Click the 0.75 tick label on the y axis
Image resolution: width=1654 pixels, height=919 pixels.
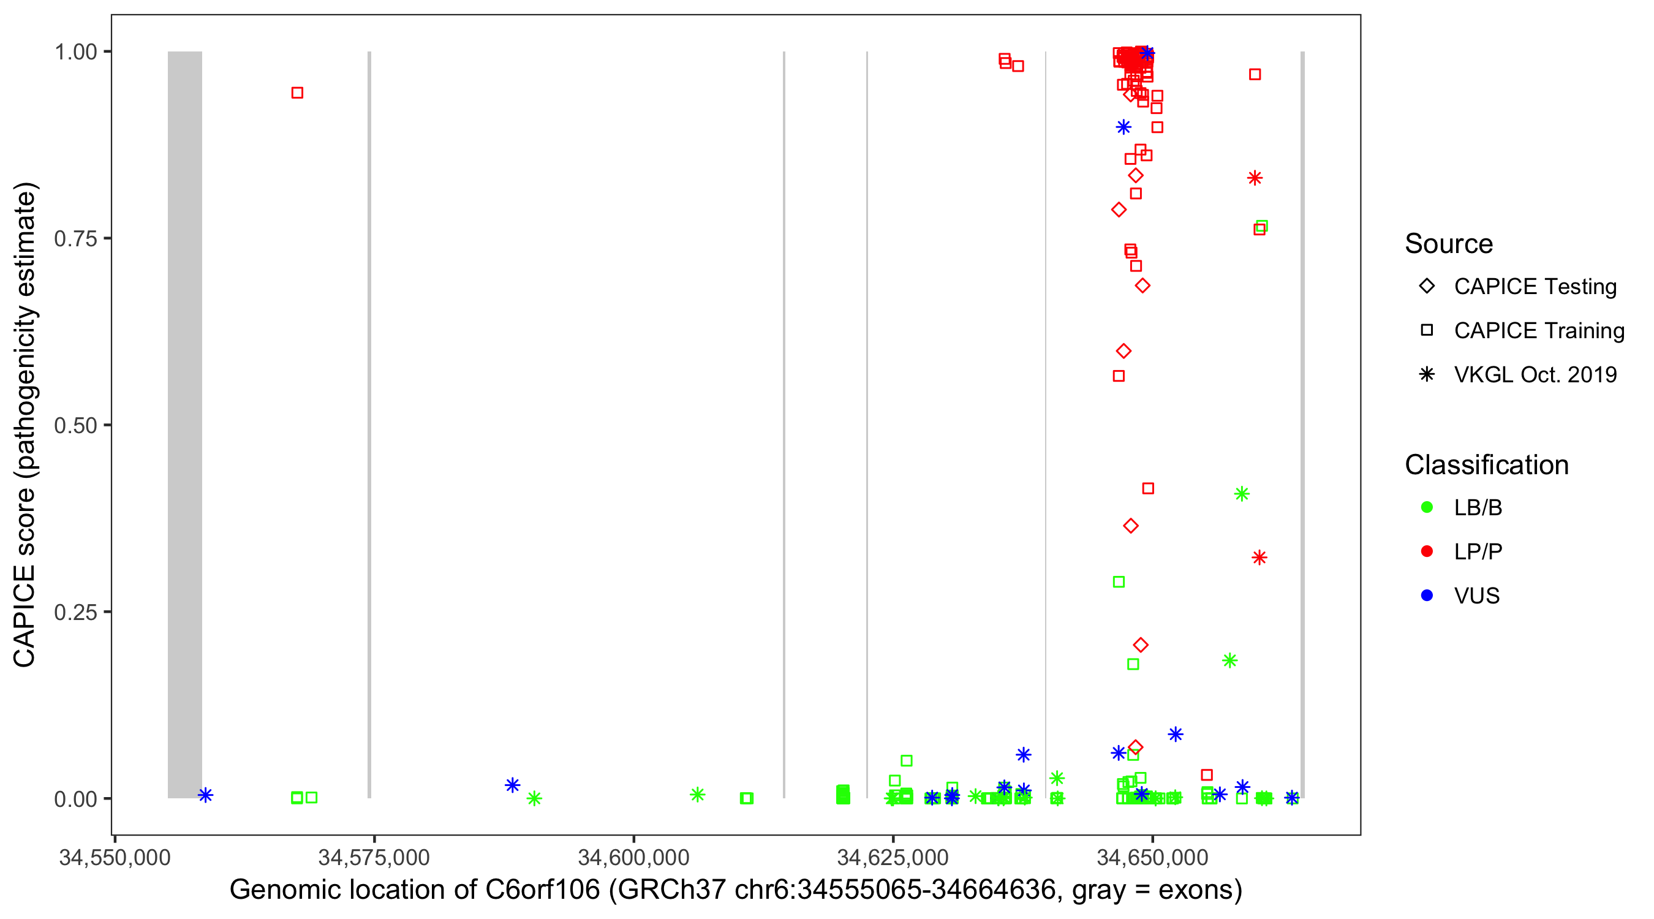[x=75, y=239]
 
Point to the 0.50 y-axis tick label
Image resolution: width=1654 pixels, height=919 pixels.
[x=75, y=426]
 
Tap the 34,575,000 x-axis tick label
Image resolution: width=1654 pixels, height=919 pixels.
[x=374, y=857]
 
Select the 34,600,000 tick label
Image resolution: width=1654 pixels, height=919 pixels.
[x=633, y=857]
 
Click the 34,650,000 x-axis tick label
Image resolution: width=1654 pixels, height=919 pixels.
[x=1152, y=857]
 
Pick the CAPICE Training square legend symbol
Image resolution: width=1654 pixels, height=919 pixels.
[x=1427, y=331]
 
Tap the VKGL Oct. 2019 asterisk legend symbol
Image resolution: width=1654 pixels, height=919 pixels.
[x=1427, y=374]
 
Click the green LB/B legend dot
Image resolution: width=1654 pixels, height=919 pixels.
[x=1427, y=507]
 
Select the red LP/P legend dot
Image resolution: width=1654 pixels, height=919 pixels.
[x=1427, y=551]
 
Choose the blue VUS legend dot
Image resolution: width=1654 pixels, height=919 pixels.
[x=1427, y=596]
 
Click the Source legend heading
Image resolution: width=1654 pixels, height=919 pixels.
[x=1449, y=244]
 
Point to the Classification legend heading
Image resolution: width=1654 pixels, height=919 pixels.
[x=1486, y=465]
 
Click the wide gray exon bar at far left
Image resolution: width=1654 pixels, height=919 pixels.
[x=185, y=424]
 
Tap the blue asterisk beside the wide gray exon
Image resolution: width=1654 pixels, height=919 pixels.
[x=205, y=795]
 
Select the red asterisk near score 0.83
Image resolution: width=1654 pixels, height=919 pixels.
[x=1255, y=178]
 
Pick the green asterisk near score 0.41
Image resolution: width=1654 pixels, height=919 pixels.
[x=1242, y=494]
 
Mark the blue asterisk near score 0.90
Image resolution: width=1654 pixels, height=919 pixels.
[x=1123, y=127]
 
